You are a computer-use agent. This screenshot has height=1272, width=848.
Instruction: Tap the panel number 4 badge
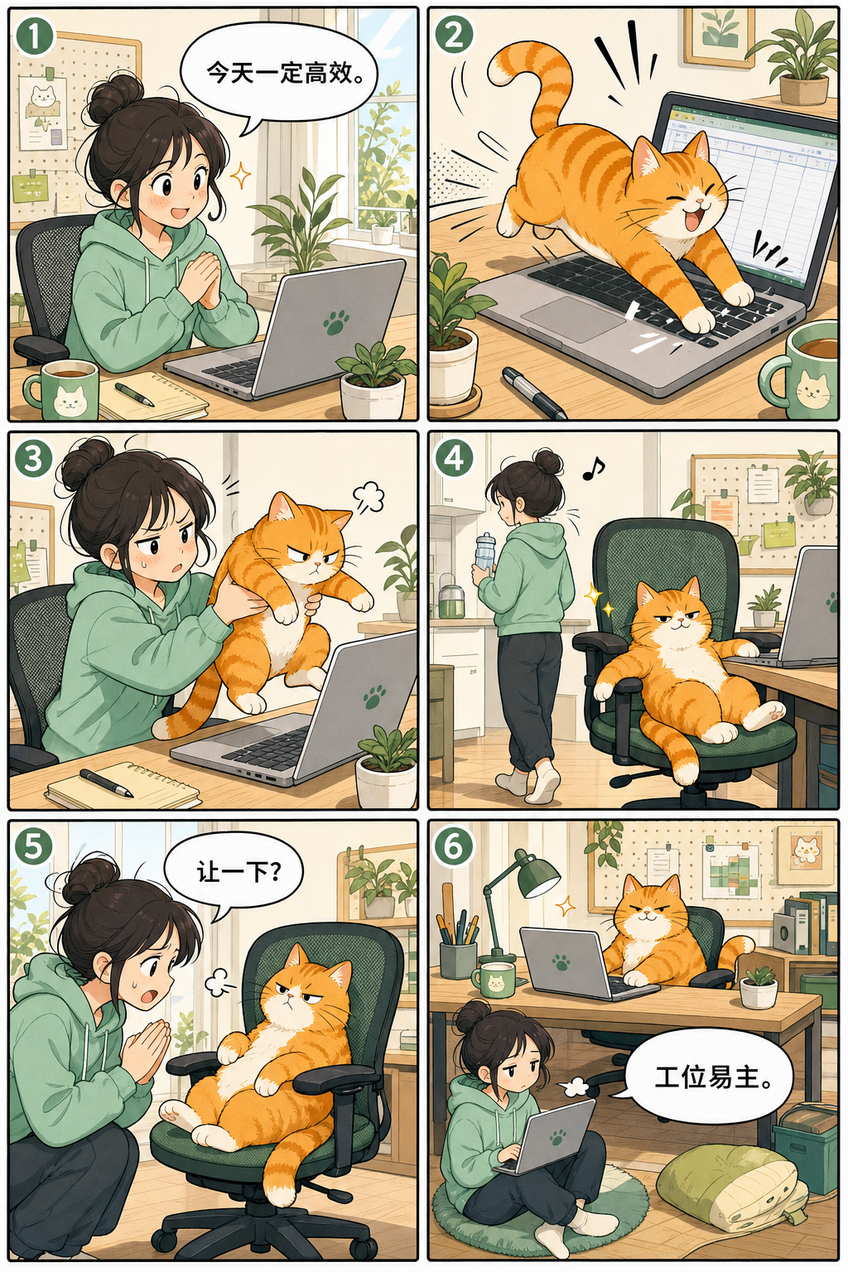[x=454, y=459]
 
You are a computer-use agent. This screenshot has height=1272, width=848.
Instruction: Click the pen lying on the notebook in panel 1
[x=134, y=394]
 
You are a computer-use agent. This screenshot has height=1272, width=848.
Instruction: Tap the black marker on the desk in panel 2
[x=534, y=393]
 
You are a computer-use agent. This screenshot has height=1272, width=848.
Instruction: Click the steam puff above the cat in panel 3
[x=369, y=497]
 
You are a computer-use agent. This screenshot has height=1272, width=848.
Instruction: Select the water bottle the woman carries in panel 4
[x=485, y=552]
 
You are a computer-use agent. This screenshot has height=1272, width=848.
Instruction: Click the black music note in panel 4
[x=594, y=469]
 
